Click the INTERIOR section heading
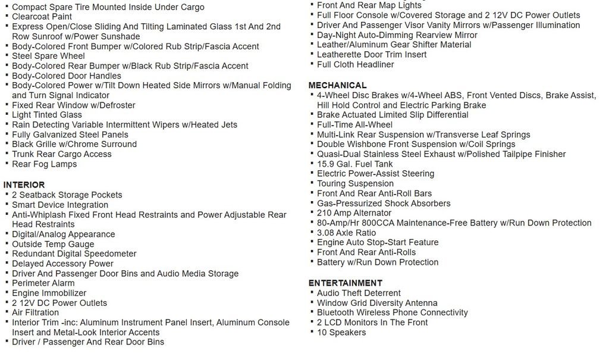(24, 185)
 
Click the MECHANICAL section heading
(337, 85)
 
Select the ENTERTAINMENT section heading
(345, 283)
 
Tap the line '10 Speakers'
(341, 332)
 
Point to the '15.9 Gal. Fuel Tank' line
(354, 164)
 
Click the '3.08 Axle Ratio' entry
(346, 233)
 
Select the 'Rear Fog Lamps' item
(45, 164)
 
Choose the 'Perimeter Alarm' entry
(43, 283)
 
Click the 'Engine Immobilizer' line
(49, 293)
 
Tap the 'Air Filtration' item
(35, 312)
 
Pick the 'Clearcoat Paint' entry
(42, 17)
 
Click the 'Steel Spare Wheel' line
(48, 56)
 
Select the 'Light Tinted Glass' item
(47, 115)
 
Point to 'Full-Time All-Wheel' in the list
(354, 124)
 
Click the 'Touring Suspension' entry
(355, 183)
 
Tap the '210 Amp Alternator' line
(354, 213)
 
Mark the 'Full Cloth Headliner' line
(355, 64)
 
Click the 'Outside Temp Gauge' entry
(53, 244)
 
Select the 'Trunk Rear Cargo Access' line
(62, 154)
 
